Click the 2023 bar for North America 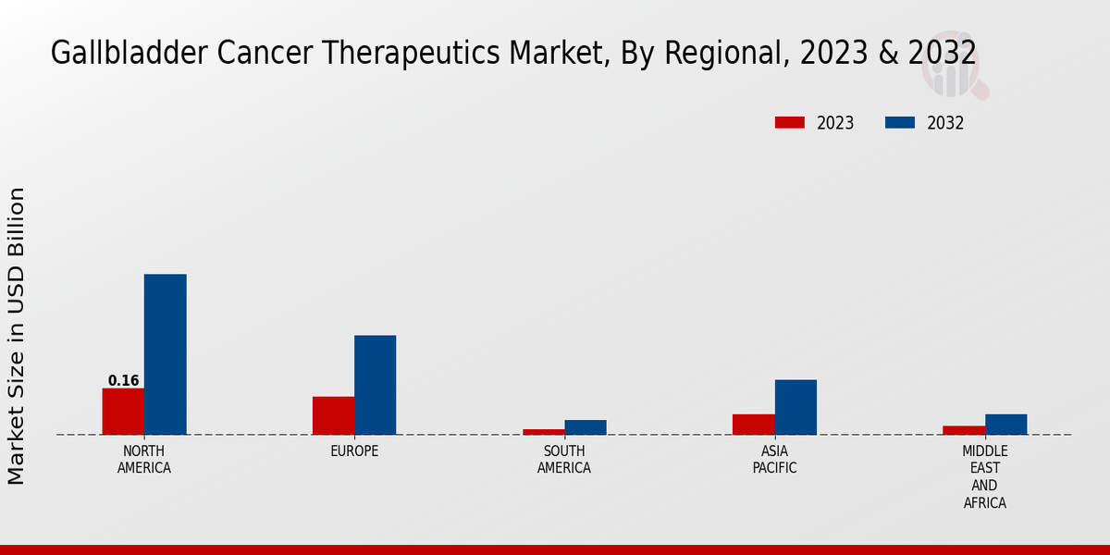coord(123,411)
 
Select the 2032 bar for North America coord(165,354)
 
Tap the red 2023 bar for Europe coord(333,415)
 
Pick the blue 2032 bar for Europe coord(375,385)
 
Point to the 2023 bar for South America coord(543,431)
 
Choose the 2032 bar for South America coord(586,427)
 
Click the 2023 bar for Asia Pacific coord(753,424)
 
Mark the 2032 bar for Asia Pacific coord(795,407)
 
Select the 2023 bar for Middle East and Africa coord(963,429)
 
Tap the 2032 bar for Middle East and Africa coord(1005,424)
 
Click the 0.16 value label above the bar coord(123,380)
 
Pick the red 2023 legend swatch coord(790,123)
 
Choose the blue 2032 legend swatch coord(900,123)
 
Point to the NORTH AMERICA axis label coord(144,460)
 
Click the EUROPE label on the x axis coord(354,451)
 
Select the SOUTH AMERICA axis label coord(564,460)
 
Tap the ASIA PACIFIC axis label coord(774,460)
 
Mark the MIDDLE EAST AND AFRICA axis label coord(984,477)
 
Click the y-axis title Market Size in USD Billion coord(17,336)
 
